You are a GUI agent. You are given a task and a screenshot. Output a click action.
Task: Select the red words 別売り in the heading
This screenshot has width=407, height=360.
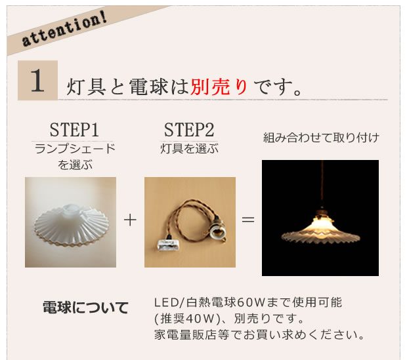click(219, 87)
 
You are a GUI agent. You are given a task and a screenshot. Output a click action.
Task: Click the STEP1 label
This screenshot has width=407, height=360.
click(74, 129)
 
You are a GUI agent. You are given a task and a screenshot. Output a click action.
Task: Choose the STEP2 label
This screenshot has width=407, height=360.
click(189, 129)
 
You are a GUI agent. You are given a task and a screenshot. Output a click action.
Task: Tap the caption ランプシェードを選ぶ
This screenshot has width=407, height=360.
click(74, 157)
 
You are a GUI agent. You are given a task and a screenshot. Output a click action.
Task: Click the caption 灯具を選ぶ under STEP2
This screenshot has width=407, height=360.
click(189, 149)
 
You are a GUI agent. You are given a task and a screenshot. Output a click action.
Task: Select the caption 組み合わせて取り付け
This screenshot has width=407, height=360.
click(321, 138)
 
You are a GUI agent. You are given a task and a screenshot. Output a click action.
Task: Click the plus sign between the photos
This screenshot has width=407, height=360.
click(130, 220)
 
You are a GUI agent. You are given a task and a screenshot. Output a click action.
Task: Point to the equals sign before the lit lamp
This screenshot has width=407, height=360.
click(248, 220)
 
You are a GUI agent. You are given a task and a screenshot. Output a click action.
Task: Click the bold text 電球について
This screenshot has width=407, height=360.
click(85, 308)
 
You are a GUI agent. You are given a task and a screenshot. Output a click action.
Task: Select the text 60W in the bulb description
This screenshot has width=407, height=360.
click(250, 303)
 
